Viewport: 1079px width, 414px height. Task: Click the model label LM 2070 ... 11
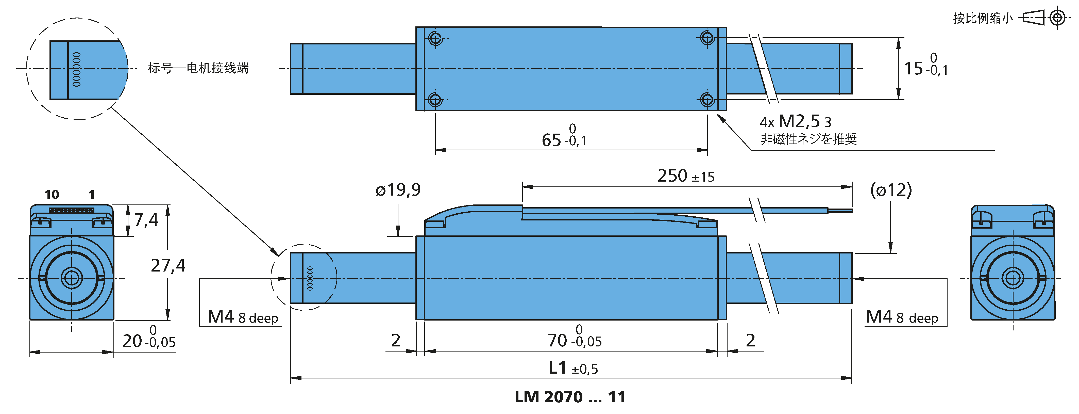coord(570,397)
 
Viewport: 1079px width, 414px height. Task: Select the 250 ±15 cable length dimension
coord(686,176)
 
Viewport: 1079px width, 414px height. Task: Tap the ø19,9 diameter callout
coord(398,190)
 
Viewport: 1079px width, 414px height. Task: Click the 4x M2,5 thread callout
coord(796,121)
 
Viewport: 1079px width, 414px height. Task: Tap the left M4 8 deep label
coord(243,317)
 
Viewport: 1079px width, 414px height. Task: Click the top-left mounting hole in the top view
coord(436,39)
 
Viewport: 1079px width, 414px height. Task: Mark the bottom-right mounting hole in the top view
coord(707,100)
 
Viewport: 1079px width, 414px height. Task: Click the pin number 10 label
coord(52,195)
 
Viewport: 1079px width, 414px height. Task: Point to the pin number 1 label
coord(92,195)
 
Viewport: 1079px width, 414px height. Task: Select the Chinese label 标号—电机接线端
coord(198,68)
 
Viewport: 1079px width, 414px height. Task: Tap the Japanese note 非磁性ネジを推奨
coord(809,139)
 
